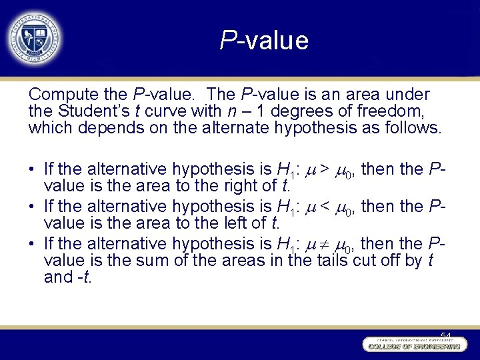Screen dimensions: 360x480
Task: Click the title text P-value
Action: coord(265,41)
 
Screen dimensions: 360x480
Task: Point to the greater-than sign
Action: coord(323,169)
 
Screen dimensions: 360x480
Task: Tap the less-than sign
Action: coord(323,207)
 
